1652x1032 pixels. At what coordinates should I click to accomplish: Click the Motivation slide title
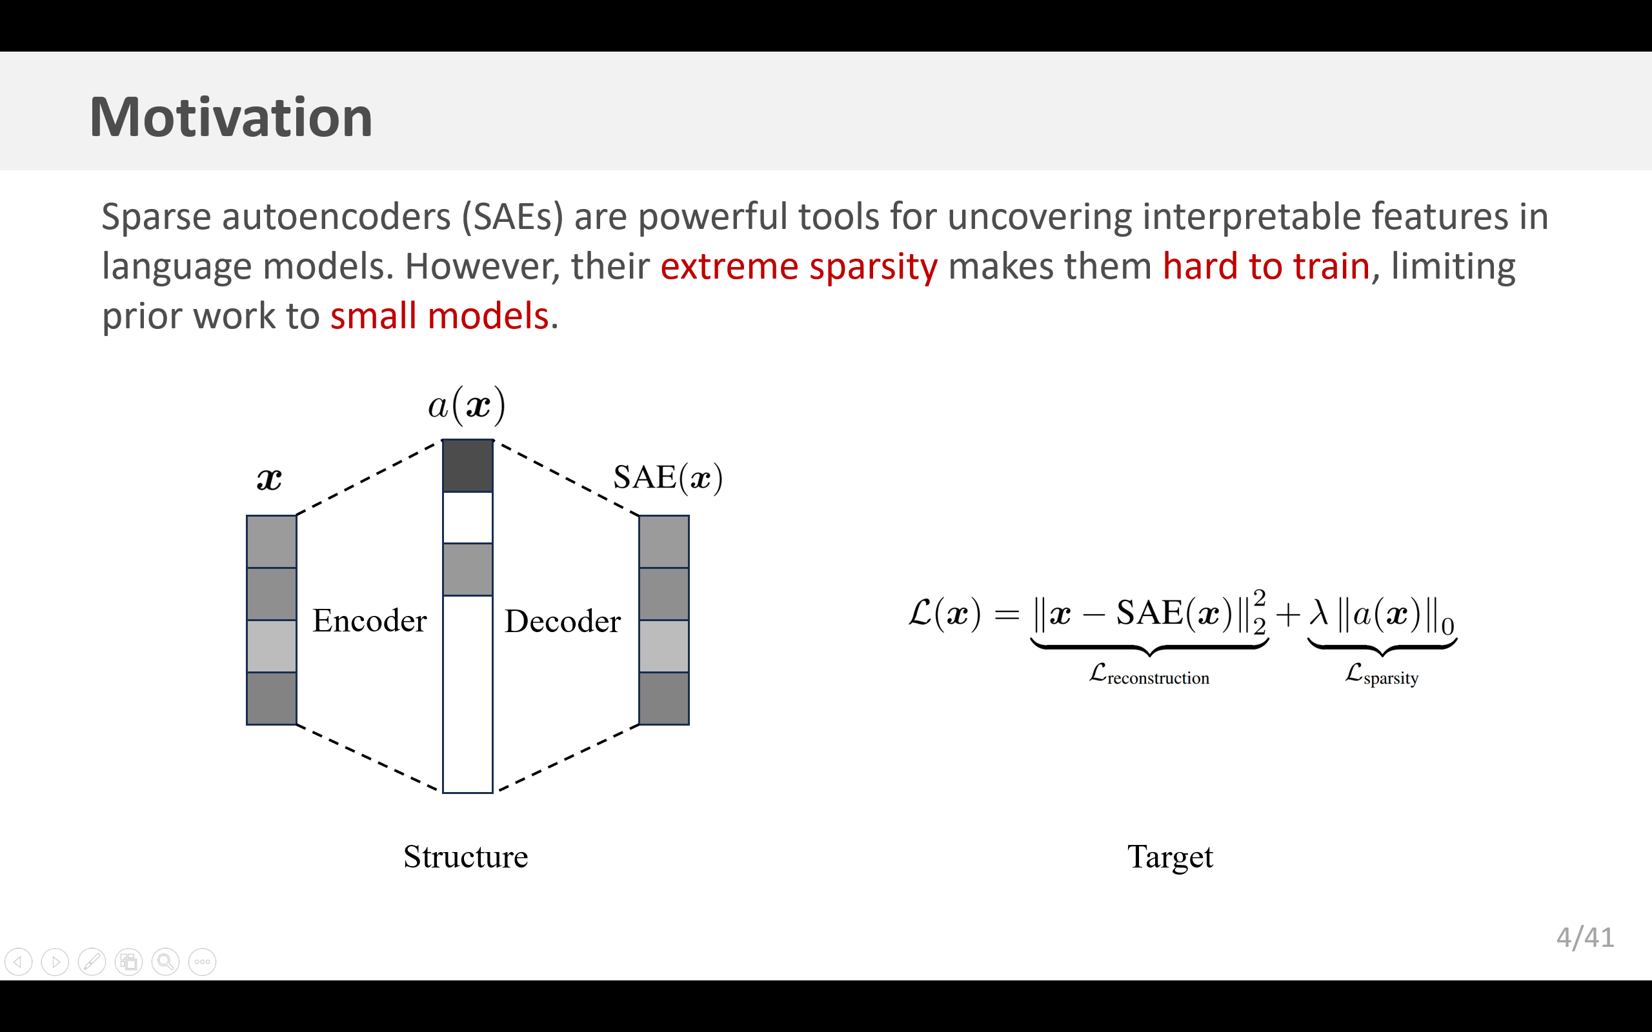[x=231, y=117]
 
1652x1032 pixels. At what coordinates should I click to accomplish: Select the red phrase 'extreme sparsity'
[x=799, y=266]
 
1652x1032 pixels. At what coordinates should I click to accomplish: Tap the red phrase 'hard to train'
[x=1266, y=266]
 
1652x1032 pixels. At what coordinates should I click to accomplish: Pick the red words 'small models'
[x=439, y=316]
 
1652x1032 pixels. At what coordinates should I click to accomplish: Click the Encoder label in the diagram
[x=369, y=620]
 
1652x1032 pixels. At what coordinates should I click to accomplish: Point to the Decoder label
[x=563, y=621]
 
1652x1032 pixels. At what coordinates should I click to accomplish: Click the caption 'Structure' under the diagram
[x=465, y=857]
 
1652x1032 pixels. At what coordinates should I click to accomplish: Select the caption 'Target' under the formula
[x=1170, y=857]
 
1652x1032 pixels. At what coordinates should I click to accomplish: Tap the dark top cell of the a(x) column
[x=468, y=466]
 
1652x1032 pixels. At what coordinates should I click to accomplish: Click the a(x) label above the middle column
[x=467, y=406]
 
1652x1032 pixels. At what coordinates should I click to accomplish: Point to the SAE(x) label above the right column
[x=668, y=477]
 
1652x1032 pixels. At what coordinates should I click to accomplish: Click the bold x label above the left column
[x=269, y=479]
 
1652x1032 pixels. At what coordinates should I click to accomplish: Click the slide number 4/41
[x=1585, y=938]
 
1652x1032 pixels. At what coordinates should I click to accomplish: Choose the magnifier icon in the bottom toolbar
[x=165, y=962]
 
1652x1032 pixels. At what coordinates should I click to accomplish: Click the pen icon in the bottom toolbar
[x=92, y=962]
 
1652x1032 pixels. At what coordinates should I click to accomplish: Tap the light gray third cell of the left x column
[x=272, y=646]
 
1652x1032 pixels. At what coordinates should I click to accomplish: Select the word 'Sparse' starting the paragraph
[x=156, y=217]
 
